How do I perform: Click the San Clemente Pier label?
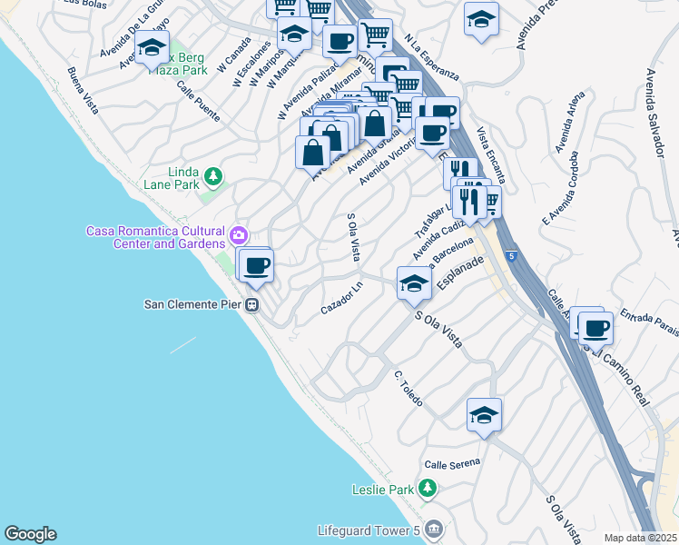pos(194,304)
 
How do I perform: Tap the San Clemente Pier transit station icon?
pos(253,305)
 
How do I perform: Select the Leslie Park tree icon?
pos(428,490)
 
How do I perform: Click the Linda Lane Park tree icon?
pos(212,174)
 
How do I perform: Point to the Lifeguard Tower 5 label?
pos(367,530)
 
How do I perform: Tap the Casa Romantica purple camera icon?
pos(239,236)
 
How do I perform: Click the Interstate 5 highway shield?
pos(511,255)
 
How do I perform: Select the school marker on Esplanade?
pos(414,283)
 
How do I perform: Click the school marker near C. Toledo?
pos(485,415)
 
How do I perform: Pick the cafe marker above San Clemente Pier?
pos(256,264)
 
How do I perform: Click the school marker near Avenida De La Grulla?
pos(153,47)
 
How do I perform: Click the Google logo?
pos(30,534)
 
